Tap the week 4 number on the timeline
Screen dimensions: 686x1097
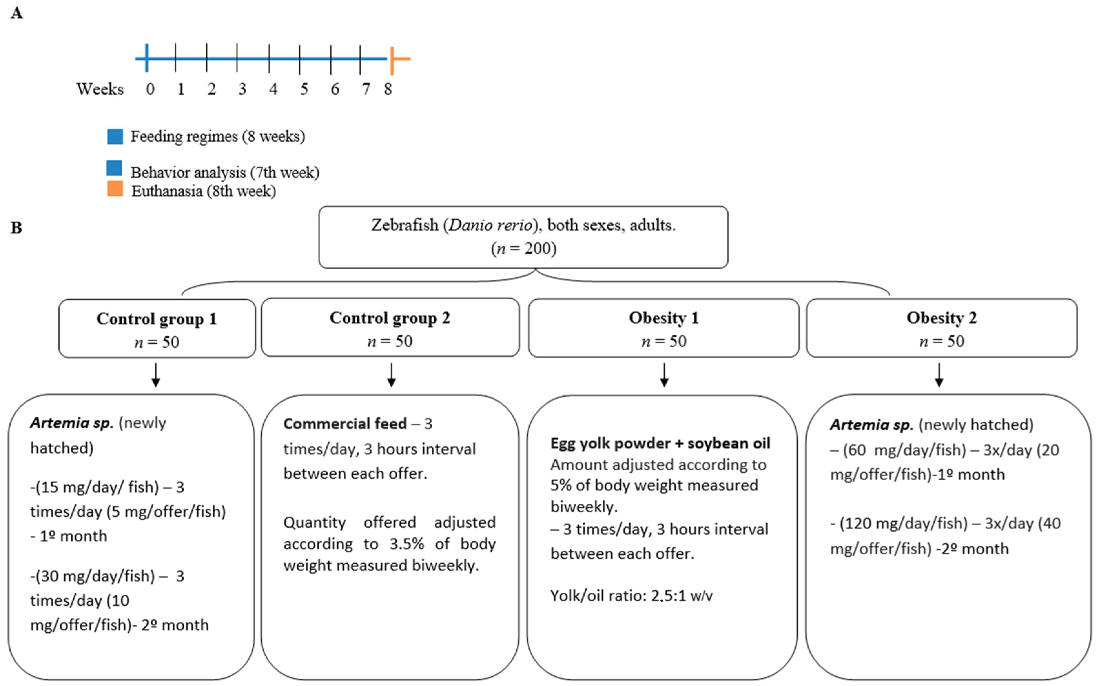pos(273,89)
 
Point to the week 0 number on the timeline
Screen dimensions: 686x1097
pos(150,89)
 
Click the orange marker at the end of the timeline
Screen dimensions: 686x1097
pos(393,59)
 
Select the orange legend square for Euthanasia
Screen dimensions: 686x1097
pos(115,189)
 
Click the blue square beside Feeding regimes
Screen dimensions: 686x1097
pos(115,136)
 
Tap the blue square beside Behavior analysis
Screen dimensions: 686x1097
pos(114,168)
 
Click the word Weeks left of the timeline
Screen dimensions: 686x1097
pos(99,89)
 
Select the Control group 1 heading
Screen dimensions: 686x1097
pos(157,318)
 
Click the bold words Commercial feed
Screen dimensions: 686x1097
pos(345,423)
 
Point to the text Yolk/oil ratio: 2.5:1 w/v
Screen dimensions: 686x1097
pos(631,595)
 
